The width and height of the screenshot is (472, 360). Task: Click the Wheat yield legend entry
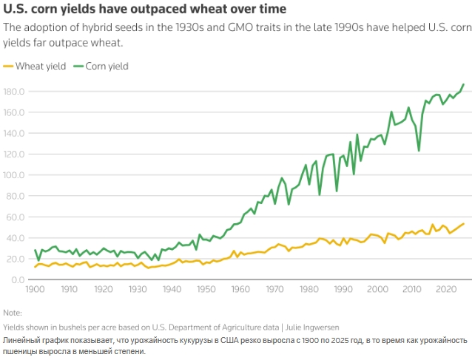click(41, 66)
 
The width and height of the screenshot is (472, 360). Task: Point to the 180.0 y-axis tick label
click(15, 92)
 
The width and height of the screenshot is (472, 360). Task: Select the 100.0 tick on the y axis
click(15, 175)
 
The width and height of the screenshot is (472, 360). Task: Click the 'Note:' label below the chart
click(13, 313)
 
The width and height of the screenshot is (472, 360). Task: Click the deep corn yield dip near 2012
click(419, 151)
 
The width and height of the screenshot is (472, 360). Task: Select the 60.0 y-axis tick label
click(17, 217)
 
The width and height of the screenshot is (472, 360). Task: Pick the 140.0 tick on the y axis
click(15, 133)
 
